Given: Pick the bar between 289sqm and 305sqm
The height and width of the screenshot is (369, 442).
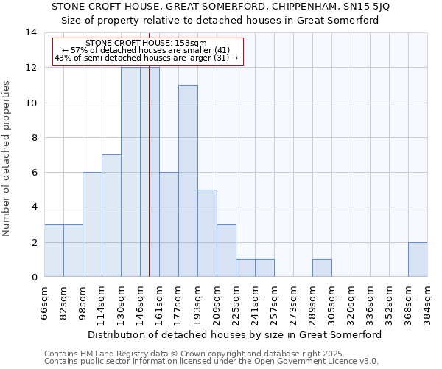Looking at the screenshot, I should click(322, 268).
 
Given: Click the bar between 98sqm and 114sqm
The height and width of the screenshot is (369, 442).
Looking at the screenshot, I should click(92, 224).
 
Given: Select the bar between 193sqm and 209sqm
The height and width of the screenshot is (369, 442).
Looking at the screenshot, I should click(207, 233).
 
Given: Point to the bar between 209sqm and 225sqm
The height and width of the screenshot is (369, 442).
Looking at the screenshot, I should click(226, 250).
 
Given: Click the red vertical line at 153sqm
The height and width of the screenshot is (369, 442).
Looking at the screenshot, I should click(149, 184).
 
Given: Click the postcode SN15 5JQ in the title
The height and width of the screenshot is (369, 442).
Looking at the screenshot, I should click(365, 7).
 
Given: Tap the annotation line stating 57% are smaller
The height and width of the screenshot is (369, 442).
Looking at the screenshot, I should click(146, 50).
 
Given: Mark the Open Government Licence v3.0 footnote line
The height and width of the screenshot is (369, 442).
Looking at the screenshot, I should click(211, 362).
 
